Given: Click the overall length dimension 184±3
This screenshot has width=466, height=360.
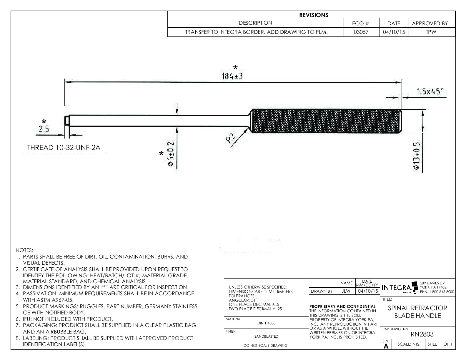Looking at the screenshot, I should [x=232, y=76].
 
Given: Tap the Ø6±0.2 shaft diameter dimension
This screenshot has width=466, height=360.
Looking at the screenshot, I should [x=170, y=154].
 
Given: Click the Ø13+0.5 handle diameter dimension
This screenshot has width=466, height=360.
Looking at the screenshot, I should [x=417, y=156].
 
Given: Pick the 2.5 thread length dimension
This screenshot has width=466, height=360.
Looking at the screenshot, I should [x=44, y=129].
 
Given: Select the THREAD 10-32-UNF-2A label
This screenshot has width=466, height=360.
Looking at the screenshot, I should [x=64, y=148].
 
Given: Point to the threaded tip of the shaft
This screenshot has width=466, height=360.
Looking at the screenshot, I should [x=67, y=121].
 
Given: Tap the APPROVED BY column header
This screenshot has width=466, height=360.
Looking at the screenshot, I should [x=430, y=24].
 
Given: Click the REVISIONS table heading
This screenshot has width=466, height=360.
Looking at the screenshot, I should [x=314, y=15].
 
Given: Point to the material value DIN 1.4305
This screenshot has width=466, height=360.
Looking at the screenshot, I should [x=266, y=323].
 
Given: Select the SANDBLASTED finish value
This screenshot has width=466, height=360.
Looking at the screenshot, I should [x=266, y=336].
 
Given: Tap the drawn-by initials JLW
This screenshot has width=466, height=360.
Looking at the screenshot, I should [x=346, y=291].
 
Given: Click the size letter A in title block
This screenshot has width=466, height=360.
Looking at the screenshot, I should [x=386, y=346].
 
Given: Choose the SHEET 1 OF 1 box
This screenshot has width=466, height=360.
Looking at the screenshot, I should [x=440, y=344].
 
